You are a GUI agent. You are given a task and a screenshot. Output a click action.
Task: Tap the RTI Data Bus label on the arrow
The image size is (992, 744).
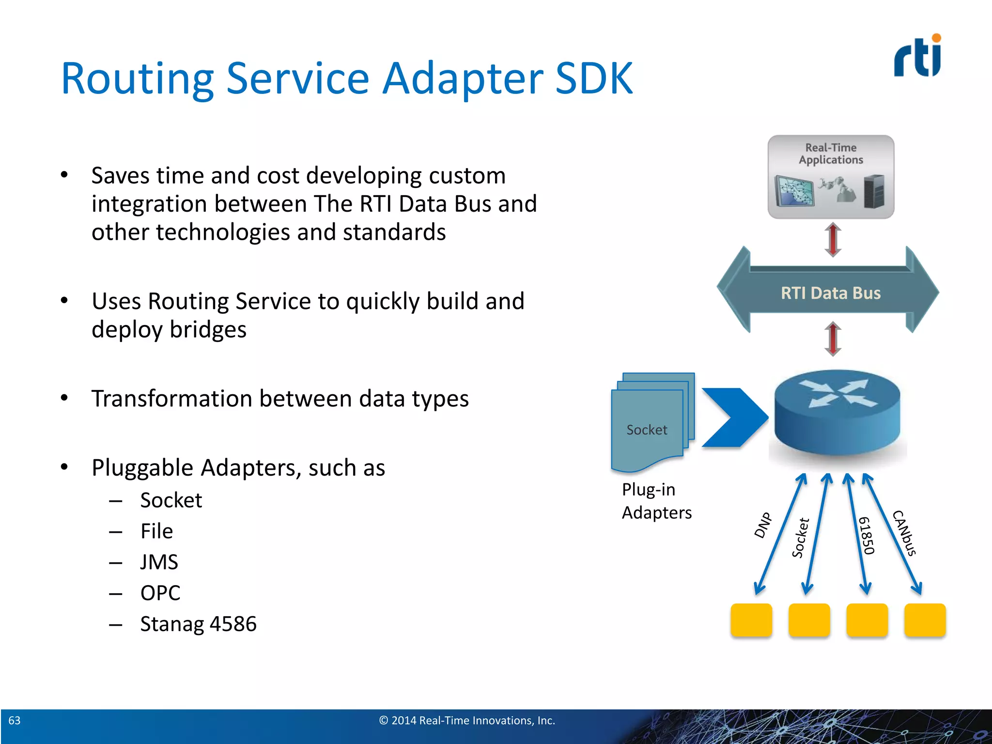830,293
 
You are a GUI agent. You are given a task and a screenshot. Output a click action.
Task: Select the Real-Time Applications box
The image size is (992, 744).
831,177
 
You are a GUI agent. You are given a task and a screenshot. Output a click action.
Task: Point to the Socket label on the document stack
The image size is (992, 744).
647,430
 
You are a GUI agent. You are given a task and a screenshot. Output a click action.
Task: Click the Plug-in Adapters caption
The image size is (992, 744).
656,501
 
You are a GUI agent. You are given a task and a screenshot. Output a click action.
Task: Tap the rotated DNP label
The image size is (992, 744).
763,525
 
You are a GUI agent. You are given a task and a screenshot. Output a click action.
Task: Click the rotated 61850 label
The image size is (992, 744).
867,535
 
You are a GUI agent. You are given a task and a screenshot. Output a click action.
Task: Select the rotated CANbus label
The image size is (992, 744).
904,533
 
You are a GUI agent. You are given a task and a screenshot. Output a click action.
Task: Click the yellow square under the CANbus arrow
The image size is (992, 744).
925,620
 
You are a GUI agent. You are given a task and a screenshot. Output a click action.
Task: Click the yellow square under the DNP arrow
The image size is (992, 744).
751,620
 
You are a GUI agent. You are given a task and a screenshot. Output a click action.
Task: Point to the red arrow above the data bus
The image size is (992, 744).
833,239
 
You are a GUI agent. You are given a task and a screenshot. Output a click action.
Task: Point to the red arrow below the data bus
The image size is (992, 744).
833,339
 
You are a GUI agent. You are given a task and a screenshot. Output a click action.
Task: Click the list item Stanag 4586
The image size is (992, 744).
198,624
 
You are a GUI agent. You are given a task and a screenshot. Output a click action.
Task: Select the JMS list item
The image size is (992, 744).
159,562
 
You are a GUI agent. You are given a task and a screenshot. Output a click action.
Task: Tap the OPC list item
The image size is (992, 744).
160,593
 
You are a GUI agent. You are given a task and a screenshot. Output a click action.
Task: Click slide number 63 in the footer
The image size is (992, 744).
15,720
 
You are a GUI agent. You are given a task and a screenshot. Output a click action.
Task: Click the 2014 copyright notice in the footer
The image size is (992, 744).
466,720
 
